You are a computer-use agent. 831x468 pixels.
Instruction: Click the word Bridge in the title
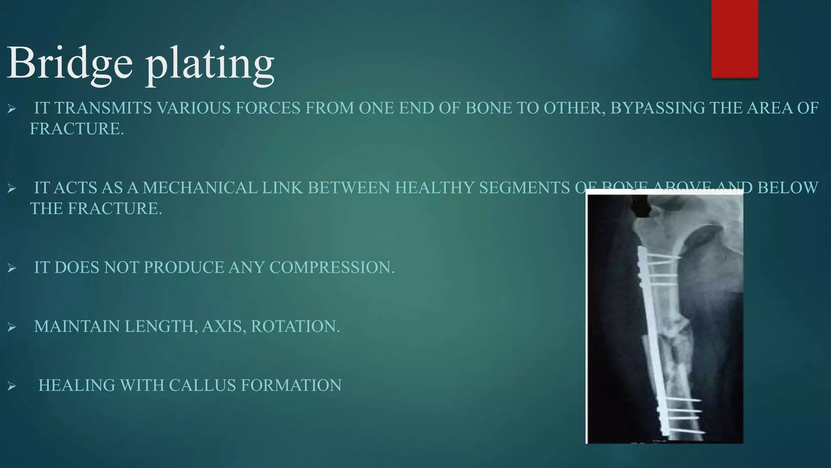click(69, 63)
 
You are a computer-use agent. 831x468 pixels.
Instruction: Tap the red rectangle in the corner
click(734, 39)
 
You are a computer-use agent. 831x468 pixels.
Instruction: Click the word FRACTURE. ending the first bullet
click(77, 129)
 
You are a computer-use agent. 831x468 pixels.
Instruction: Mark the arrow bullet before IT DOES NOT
click(11, 268)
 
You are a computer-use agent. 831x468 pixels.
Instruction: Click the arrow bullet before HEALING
click(11, 386)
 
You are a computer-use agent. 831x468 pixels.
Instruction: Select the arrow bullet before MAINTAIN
click(11, 327)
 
